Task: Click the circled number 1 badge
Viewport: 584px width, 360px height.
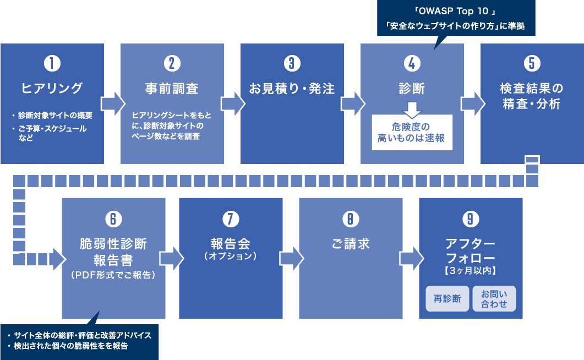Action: coord(52,63)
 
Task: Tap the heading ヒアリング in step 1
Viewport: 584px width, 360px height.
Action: coord(52,88)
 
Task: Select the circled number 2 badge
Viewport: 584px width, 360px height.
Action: coord(172,63)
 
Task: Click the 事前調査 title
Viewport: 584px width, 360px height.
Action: coord(172,89)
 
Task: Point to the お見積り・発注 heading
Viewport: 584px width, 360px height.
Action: coord(292,89)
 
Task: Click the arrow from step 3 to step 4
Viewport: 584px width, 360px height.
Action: coord(353,104)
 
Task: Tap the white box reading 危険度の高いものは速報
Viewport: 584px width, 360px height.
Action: coord(412,133)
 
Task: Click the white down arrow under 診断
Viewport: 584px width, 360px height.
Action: coord(412,110)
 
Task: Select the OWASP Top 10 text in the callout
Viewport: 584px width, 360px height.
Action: coord(456,11)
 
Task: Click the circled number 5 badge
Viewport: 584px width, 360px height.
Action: coord(532,63)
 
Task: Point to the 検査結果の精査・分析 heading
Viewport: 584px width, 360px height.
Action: coord(532,96)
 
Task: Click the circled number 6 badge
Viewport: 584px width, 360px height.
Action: coord(113,219)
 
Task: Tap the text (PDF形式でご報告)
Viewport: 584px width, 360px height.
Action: coord(113,275)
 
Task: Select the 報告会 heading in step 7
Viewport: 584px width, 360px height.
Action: coord(231,244)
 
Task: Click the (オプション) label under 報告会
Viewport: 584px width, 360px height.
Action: coord(231,256)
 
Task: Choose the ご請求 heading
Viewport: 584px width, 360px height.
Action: coord(351,244)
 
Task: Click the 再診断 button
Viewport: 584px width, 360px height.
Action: coord(447,298)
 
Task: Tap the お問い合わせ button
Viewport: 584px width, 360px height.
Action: coord(494,298)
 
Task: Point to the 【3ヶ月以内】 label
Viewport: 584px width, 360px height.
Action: coord(471,271)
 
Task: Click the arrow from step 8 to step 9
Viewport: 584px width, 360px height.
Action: coord(412,258)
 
